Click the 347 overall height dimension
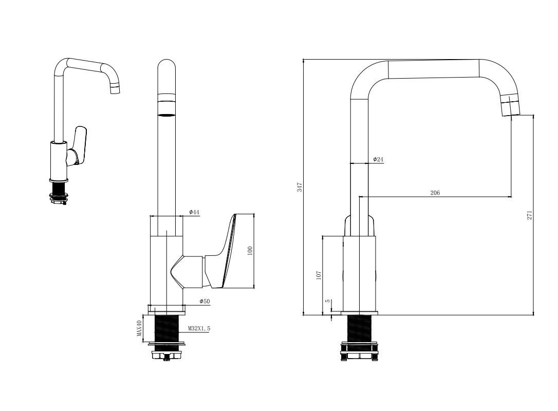pyautogui.click(x=300, y=187)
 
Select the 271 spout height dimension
pyautogui.click(x=530, y=215)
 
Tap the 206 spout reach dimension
pyautogui.click(x=435, y=193)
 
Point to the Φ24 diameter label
pyautogui.click(x=378, y=159)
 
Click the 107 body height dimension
pyautogui.click(x=319, y=275)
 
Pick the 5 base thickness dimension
pyautogui.click(x=328, y=301)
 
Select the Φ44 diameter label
pyautogui.click(x=194, y=213)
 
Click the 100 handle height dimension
pyautogui.click(x=250, y=251)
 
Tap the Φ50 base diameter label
pyautogui.click(x=204, y=302)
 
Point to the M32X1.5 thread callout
pyautogui.click(x=199, y=328)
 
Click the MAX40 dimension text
pyautogui.click(x=139, y=328)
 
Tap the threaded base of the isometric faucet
pyautogui.click(x=59, y=192)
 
